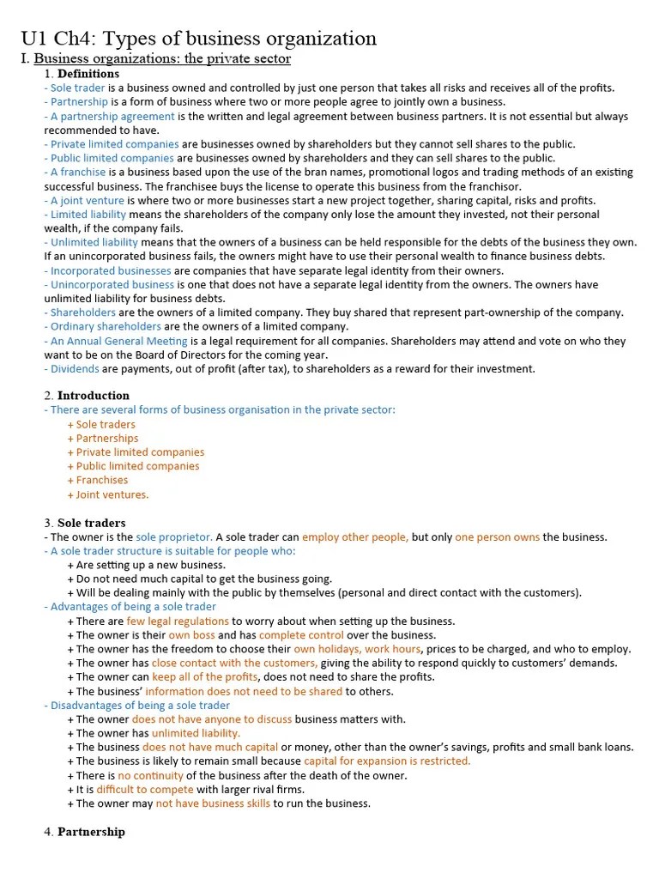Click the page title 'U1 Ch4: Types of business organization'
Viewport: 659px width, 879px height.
[198, 39]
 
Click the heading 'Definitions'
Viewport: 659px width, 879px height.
[88, 74]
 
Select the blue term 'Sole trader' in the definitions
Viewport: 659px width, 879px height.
[77, 88]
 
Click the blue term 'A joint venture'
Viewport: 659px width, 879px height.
[87, 200]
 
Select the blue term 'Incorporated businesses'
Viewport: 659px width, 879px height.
[111, 270]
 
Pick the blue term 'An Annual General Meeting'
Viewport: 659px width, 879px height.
[118, 341]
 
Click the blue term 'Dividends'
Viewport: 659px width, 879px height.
[74, 369]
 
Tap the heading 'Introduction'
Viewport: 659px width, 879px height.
[93, 396]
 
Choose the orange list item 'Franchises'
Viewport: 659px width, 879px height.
[101, 481]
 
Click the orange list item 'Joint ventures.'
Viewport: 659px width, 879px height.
[112, 494]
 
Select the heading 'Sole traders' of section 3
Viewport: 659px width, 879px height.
[91, 523]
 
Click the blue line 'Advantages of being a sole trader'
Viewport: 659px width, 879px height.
[133, 607]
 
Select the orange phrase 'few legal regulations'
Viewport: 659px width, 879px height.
[178, 621]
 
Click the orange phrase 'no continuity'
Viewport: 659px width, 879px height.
[155, 776]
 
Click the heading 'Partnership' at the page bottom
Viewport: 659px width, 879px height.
[91, 832]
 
